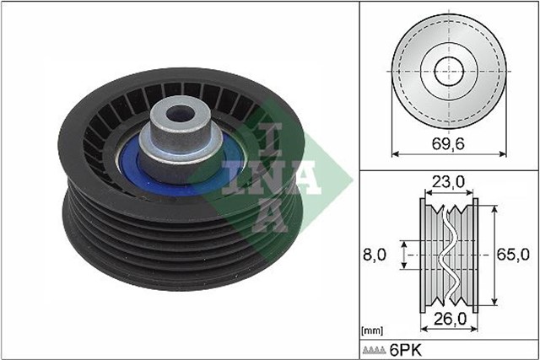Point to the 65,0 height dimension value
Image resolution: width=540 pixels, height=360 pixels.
click(514, 252)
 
